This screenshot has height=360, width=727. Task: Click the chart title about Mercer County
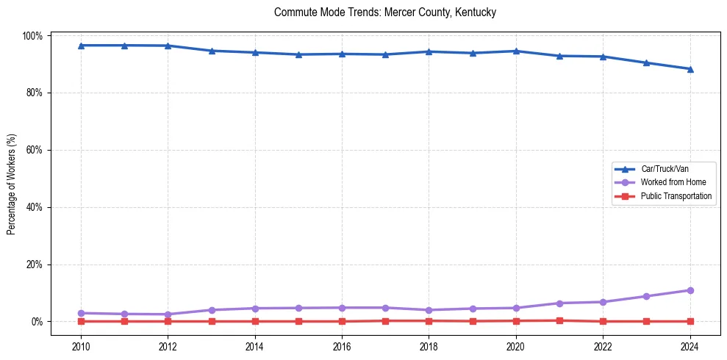click(385, 12)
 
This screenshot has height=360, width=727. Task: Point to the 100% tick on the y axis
click(35, 36)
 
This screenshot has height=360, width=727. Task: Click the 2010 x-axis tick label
click(81, 345)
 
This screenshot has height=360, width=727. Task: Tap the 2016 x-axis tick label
click(342, 345)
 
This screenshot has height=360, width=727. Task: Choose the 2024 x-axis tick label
click(690, 345)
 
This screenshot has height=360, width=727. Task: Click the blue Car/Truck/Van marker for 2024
click(690, 69)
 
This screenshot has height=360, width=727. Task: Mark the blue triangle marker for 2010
click(81, 46)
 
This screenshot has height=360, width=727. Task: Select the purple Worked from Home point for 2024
click(690, 290)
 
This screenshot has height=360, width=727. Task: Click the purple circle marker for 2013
click(211, 310)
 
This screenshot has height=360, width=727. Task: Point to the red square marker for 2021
click(559, 320)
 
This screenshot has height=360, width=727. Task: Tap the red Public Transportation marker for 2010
click(81, 321)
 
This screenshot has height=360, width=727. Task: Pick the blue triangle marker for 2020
click(516, 51)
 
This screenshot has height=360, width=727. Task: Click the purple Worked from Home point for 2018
click(429, 310)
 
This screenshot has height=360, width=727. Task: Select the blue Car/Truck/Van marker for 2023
click(646, 62)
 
